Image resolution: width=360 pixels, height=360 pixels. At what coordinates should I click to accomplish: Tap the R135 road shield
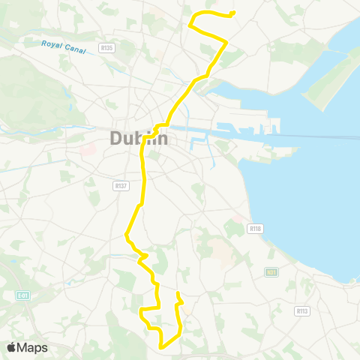[105, 49]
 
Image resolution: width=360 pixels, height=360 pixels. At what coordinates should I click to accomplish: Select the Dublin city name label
[138, 139]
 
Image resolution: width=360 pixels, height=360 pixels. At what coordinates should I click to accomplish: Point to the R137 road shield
[120, 185]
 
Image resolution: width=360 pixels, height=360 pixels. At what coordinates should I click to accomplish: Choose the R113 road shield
[302, 310]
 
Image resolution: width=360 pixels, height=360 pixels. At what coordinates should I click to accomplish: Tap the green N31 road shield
[271, 272]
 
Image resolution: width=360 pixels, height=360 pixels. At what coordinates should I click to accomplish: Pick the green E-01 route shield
[22, 296]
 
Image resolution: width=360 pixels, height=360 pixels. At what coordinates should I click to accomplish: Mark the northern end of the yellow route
[233, 13]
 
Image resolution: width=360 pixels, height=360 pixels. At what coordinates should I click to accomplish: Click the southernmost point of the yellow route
[163, 346]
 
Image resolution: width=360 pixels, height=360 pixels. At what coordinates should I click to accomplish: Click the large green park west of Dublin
[30, 90]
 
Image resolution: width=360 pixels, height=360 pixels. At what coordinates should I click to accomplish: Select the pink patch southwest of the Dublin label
[87, 148]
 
